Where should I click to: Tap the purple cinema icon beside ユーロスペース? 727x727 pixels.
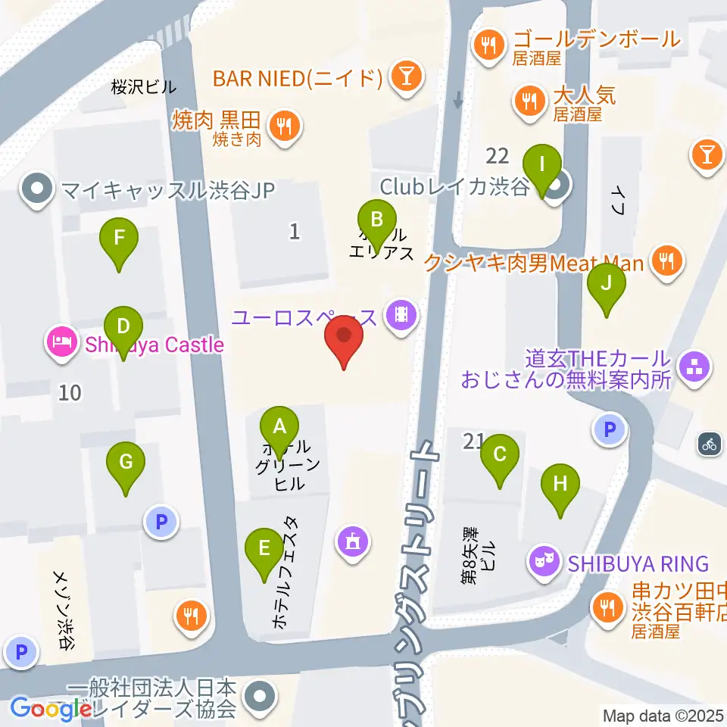401,315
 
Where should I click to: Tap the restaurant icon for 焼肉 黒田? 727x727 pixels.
285,125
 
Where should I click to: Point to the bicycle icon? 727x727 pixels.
709,444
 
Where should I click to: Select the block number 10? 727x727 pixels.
70,392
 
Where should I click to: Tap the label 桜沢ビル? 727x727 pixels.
143,87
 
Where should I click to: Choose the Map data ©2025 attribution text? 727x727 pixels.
663,715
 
